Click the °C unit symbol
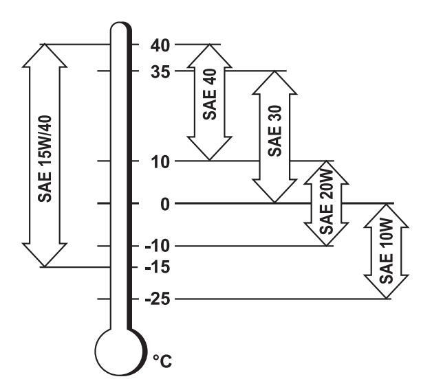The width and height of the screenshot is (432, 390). tap(162, 360)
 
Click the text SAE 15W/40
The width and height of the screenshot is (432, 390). tap(45, 156)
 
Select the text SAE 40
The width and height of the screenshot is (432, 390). tap(210, 101)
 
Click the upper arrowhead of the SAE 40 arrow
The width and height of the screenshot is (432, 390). tap(210, 54)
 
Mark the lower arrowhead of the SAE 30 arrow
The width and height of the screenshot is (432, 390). tap(275, 192)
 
